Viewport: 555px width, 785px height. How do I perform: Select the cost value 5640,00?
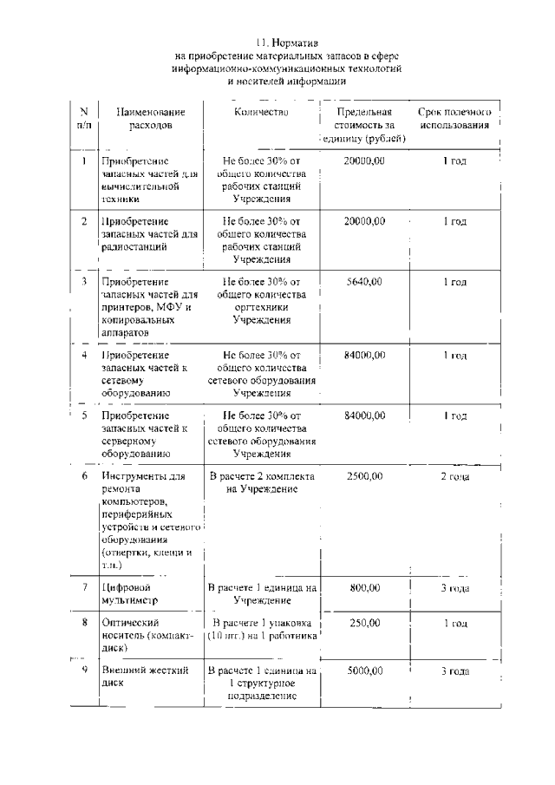364,282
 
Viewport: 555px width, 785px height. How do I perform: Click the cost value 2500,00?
364,476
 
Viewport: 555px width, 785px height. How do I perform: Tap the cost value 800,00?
364,587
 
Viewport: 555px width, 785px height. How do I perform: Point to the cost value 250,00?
364,623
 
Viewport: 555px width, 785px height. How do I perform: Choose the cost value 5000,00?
364,671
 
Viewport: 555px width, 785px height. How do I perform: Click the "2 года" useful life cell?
454,476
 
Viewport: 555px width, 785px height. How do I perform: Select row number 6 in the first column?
84,476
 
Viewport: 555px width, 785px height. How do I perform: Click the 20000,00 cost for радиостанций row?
364,221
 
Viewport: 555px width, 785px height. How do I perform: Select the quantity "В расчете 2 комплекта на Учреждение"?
262,483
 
